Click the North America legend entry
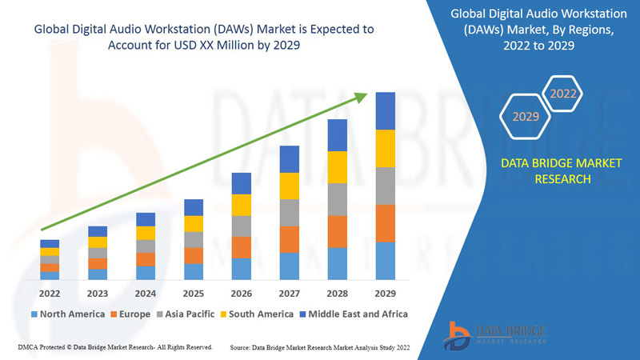(67, 314)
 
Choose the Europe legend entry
(131, 314)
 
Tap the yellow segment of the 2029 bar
(386, 148)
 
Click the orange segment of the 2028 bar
(338, 232)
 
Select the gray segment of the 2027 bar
(290, 213)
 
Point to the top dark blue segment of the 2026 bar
(242, 183)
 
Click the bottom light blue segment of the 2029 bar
(386, 261)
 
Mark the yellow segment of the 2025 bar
(194, 224)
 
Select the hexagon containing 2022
(563, 94)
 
